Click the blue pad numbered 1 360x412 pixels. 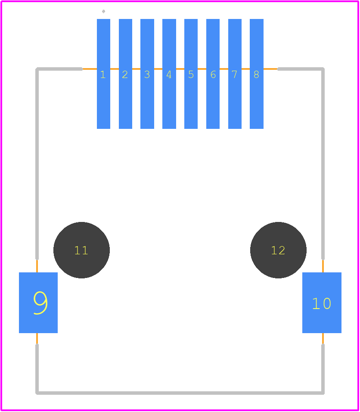[x=103, y=74]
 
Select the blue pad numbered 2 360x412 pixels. [x=125, y=74]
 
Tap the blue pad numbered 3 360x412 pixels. [x=147, y=74]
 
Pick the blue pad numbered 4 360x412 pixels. [x=169, y=74]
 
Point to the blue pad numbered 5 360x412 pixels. [x=191, y=74]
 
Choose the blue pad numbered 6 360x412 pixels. [x=213, y=74]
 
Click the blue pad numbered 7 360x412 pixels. [x=235, y=74]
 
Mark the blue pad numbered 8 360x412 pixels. [x=257, y=74]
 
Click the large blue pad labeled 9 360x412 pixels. [x=38, y=303]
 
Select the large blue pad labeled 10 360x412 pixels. [x=322, y=303]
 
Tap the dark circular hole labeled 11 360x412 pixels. [x=82, y=250]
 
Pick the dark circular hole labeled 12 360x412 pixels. [x=278, y=250]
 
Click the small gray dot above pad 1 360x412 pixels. [x=103, y=11]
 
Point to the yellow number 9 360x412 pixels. [x=40, y=303]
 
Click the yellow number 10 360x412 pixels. [x=322, y=303]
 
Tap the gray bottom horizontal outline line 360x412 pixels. [x=180, y=393]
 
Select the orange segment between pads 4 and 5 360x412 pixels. [x=180, y=69]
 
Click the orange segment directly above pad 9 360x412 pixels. [x=37, y=266]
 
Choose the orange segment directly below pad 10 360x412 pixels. [x=323, y=339]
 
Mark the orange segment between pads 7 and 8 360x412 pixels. [x=245, y=69]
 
